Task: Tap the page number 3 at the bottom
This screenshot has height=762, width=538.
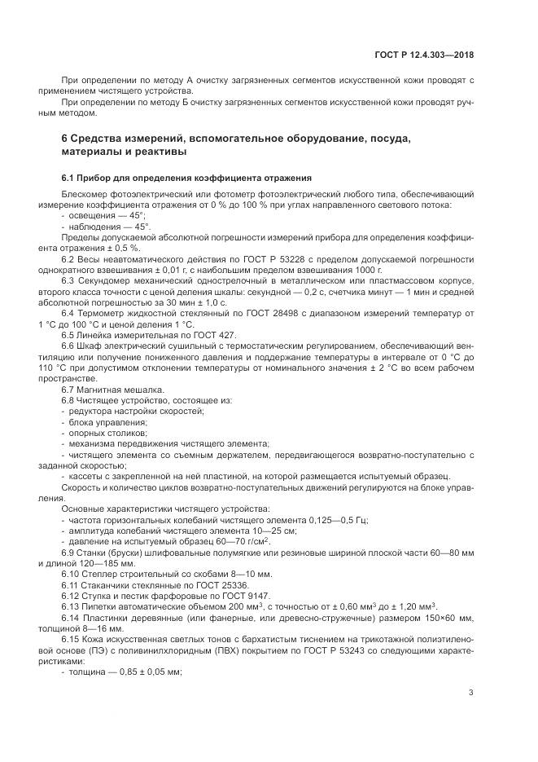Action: pos(471,693)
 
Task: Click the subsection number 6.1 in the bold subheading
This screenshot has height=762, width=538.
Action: pos(69,178)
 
